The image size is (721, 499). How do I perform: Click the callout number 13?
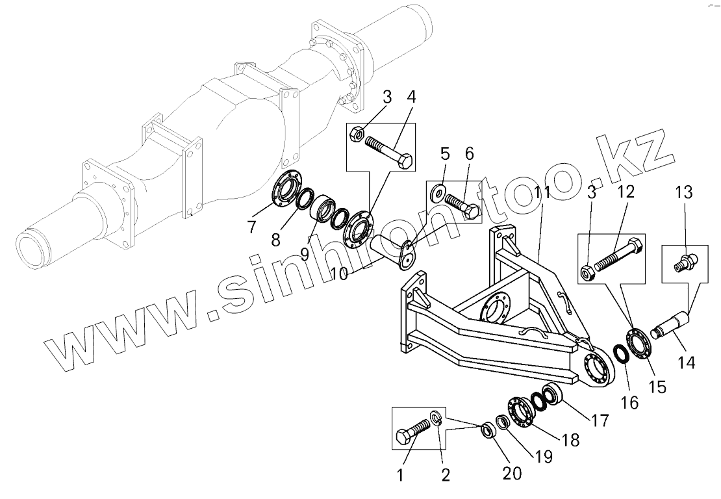[x=684, y=193]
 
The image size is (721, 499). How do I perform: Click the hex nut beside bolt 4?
[x=357, y=134]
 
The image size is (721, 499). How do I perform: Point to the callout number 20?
[x=512, y=474]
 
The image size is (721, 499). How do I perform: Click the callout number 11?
[x=542, y=192]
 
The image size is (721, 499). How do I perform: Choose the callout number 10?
[x=338, y=274]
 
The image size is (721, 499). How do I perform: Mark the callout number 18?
[x=570, y=439]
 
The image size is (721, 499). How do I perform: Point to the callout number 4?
[x=411, y=99]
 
